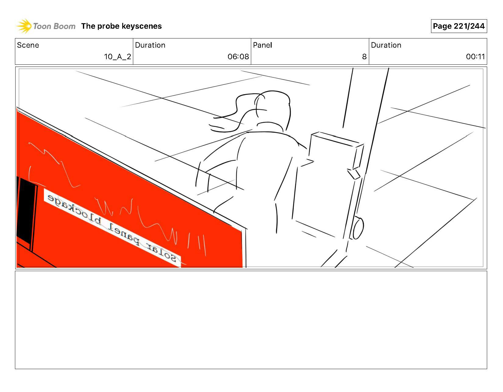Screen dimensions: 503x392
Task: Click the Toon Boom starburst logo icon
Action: coord(24,26)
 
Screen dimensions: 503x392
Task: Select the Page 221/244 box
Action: coord(458,26)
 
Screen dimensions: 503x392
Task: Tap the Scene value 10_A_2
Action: coord(117,57)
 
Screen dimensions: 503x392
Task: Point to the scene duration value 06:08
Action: coord(238,57)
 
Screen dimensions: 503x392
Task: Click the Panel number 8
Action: coord(364,57)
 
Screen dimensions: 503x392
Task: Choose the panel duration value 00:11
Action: coord(475,57)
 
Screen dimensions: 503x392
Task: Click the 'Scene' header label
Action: coord(28,45)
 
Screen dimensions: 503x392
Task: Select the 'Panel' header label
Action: coord(262,45)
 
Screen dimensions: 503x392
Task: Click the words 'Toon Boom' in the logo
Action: coord(54,26)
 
